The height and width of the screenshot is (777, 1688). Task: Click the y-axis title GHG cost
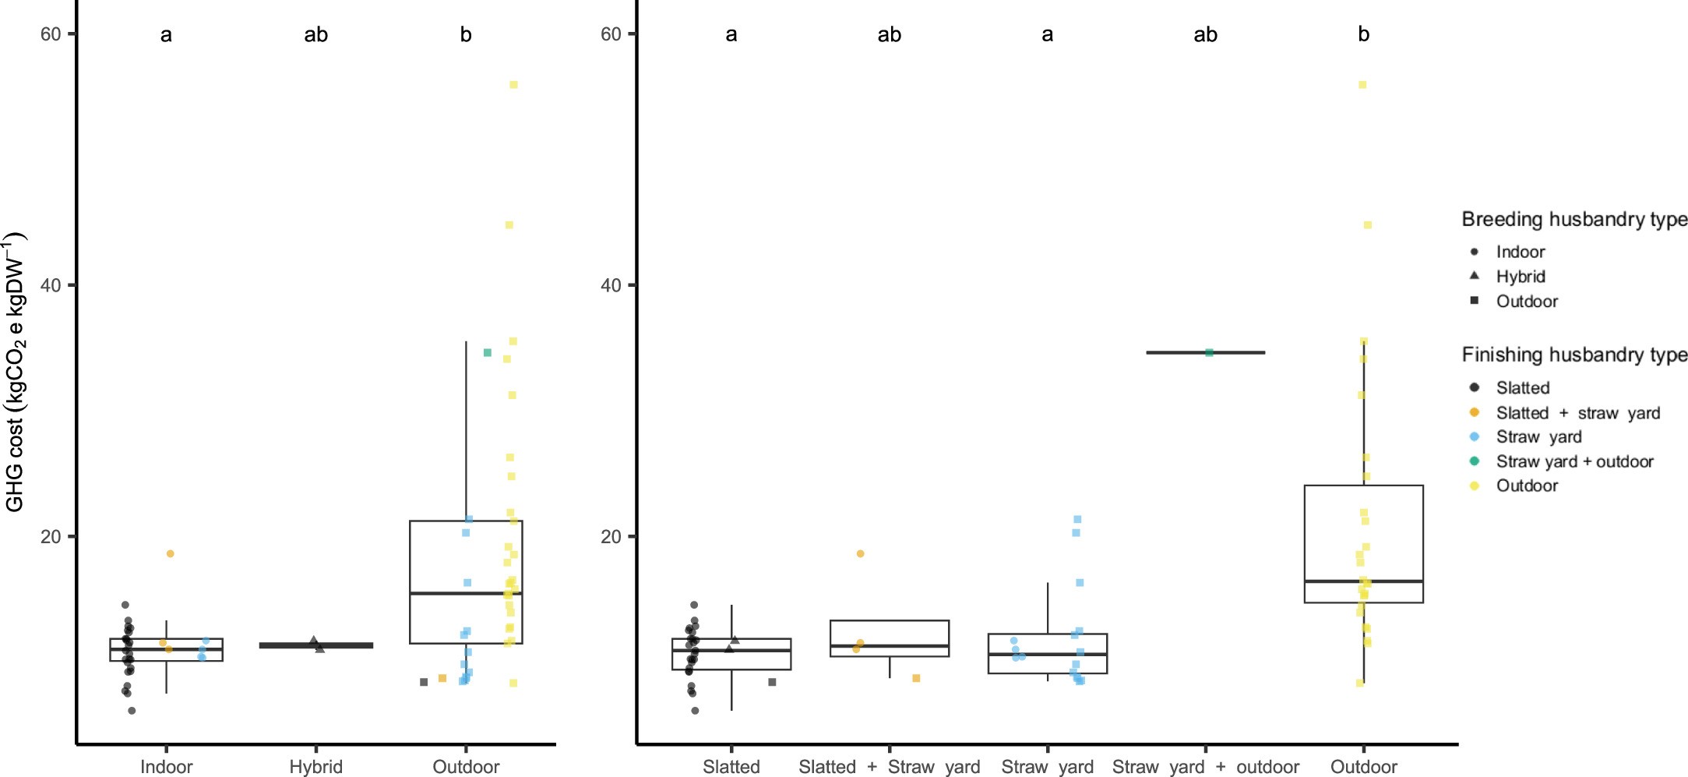click(x=16, y=373)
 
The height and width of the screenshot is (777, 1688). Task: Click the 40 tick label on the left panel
click(x=50, y=285)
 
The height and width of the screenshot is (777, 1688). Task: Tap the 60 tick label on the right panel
click(x=611, y=34)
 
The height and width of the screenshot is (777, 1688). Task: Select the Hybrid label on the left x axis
click(x=315, y=766)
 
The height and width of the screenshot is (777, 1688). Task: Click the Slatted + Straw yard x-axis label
click(x=889, y=766)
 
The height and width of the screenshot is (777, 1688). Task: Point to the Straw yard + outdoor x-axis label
click(x=1205, y=766)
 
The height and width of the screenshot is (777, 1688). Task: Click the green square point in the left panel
click(x=488, y=353)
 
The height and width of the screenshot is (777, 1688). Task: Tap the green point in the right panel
click(x=1209, y=353)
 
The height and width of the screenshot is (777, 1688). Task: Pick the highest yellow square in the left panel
click(x=513, y=85)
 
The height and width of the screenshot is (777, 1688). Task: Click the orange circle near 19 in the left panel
click(x=170, y=554)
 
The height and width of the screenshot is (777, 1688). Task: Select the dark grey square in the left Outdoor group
click(x=424, y=683)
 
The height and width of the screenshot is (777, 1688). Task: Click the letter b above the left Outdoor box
click(x=466, y=34)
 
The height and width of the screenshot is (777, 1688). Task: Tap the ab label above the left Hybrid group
click(x=315, y=34)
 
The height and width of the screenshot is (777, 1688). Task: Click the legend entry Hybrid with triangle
click(x=1520, y=277)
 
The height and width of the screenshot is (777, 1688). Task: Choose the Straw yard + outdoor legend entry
click(x=1573, y=461)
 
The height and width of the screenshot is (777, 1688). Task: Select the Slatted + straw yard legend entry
click(x=1577, y=413)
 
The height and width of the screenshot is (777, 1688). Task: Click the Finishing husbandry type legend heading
click(x=1573, y=355)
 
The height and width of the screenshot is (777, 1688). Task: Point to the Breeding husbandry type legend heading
click(x=1573, y=220)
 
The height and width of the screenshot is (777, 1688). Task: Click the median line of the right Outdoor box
click(x=1363, y=581)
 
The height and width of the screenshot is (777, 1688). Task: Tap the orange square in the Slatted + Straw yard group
click(x=916, y=679)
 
